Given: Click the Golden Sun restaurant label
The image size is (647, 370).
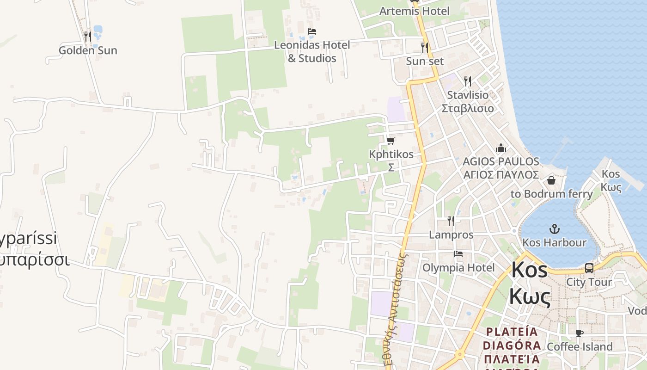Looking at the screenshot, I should pyautogui.click(x=88, y=50).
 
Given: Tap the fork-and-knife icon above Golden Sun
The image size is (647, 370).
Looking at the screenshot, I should pyautogui.click(x=87, y=36).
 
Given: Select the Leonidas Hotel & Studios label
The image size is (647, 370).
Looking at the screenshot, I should pyautogui.click(x=312, y=51).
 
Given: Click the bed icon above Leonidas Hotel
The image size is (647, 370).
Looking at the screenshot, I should pyautogui.click(x=312, y=31).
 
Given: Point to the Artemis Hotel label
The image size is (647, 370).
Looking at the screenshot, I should pyautogui.click(x=414, y=11).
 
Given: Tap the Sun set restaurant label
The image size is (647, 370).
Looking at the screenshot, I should pyautogui.click(x=425, y=61).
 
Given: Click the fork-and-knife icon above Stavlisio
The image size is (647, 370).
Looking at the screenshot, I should pyautogui.click(x=468, y=81).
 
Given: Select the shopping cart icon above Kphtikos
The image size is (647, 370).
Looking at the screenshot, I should pyautogui.click(x=391, y=141).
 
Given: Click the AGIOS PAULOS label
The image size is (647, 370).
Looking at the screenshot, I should pyautogui.click(x=501, y=161).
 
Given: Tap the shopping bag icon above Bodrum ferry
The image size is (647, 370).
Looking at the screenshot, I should pyautogui.click(x=551, y=180).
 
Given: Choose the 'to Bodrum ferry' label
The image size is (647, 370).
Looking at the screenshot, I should pyautogui.click(x=551, y=194).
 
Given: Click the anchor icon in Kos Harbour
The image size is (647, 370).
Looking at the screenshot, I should pyautogui.click(x=554, y=228).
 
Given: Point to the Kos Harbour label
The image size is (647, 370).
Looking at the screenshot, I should pyautogui.click(x=554, y=242).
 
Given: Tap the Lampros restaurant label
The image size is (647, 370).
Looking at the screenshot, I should pyautogui.click(x=451, y=234).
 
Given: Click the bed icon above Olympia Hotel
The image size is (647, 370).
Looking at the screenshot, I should pyautogui.click(x=458, y=254).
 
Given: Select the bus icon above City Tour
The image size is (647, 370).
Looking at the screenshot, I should pyautogui.click(x=589, y=268).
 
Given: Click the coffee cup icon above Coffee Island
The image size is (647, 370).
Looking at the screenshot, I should pyautogui.click(x=580, y=333).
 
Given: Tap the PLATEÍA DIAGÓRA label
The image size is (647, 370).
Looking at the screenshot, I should pyautogui.click(x=512, y=339).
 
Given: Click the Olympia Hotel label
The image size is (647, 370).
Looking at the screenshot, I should pyautogui.click(x=458, y=267).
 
